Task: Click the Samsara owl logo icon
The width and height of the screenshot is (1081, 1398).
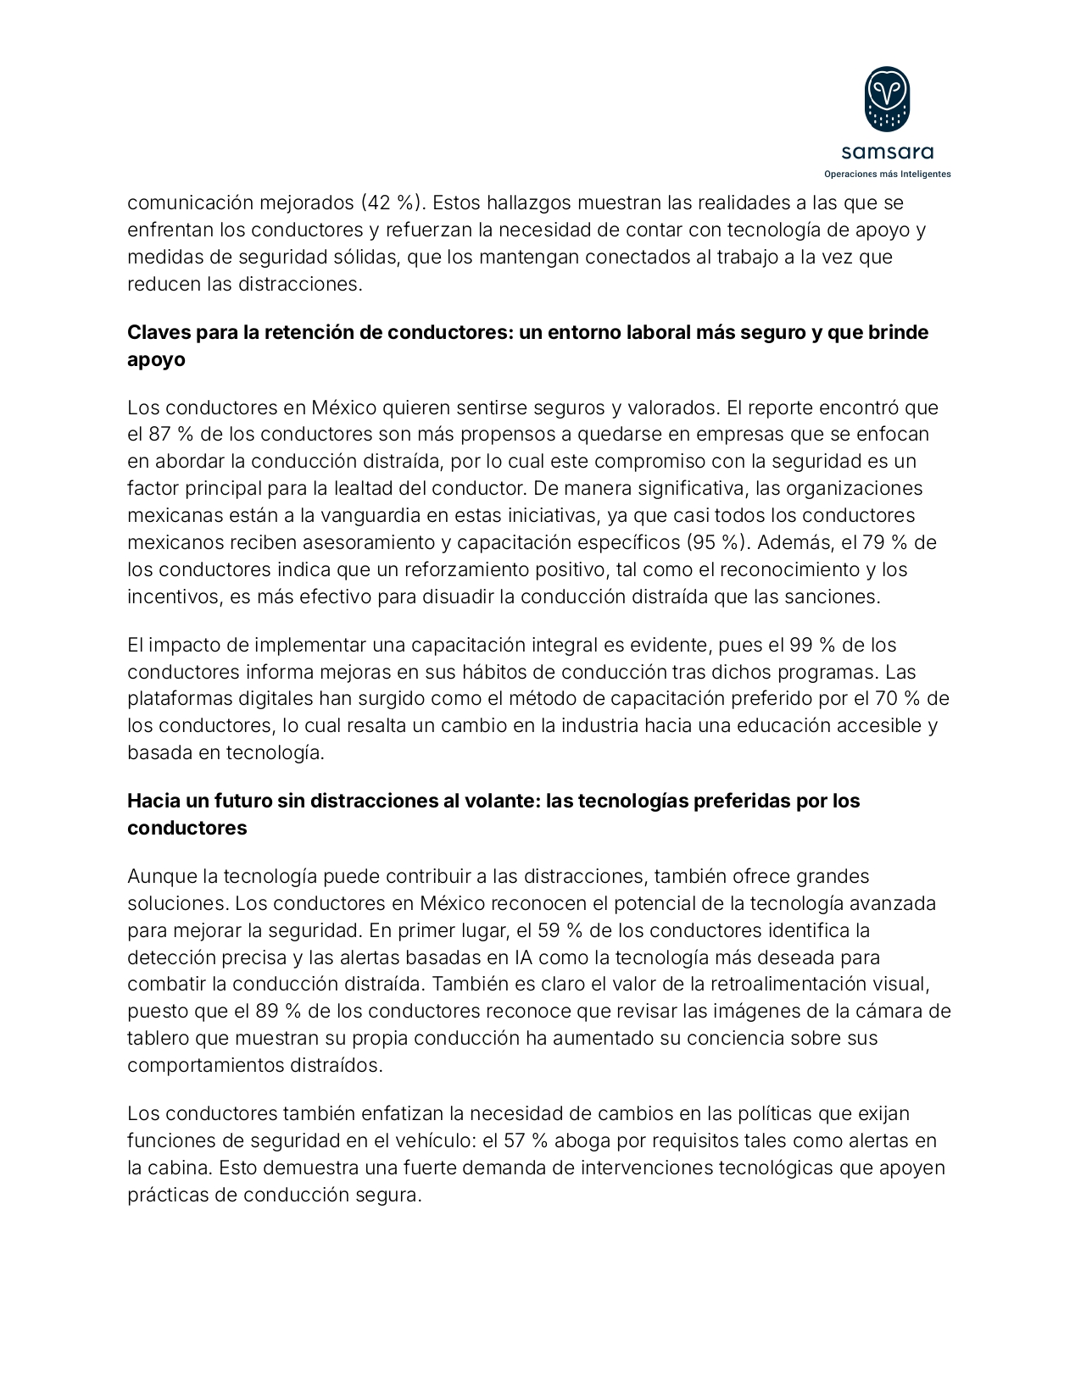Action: (x=887, y=99)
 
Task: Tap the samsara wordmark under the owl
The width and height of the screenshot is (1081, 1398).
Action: (x=887, y=153)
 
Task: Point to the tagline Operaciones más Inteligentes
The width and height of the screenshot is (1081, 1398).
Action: (x=887, y=174)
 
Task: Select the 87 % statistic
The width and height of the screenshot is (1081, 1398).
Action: (x=168, y=435)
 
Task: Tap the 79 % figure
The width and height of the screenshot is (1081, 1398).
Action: (x=887, y=542)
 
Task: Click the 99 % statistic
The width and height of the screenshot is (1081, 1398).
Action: (x=812, y=646)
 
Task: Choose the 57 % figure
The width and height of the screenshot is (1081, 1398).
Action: (x=526, y=1140)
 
